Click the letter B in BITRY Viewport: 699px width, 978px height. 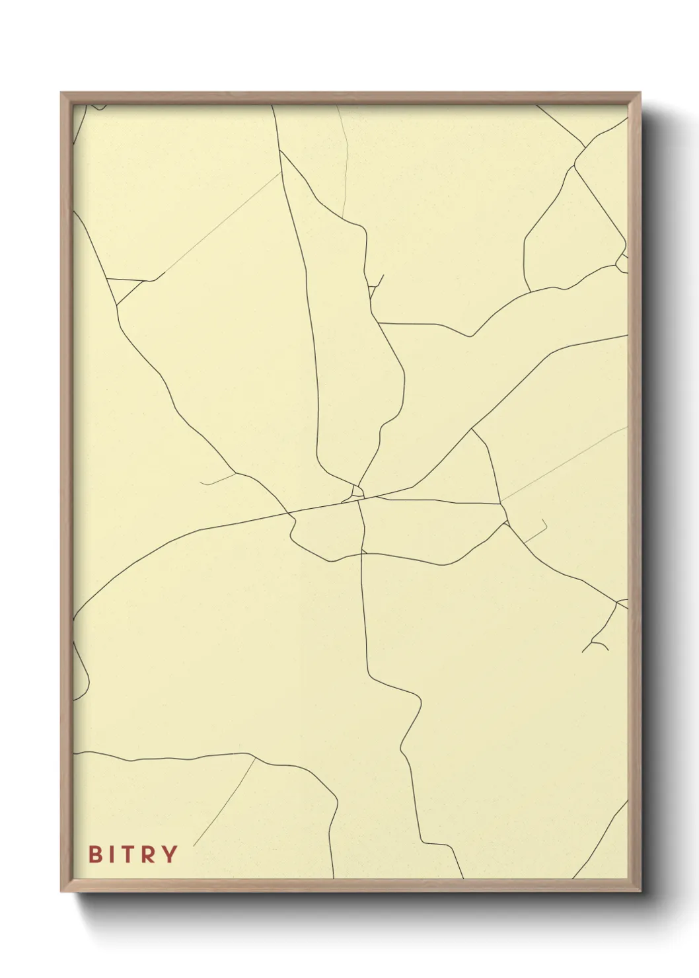(x=96, y=854)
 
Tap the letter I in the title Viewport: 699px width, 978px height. (x=112, y=854)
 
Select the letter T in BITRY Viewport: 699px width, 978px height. (x=129, y=854)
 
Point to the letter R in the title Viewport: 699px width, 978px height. (x=149, y=854)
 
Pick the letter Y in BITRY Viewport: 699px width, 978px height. (x=170, y=854)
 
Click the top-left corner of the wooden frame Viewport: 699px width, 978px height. (x=61, y=93)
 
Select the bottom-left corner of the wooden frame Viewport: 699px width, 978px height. (x=61, y=891)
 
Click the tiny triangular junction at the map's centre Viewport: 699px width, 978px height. (x=357, y=491)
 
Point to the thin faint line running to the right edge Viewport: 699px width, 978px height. (x=562, y=463)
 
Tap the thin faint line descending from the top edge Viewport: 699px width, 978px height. (x=345, y=159)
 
